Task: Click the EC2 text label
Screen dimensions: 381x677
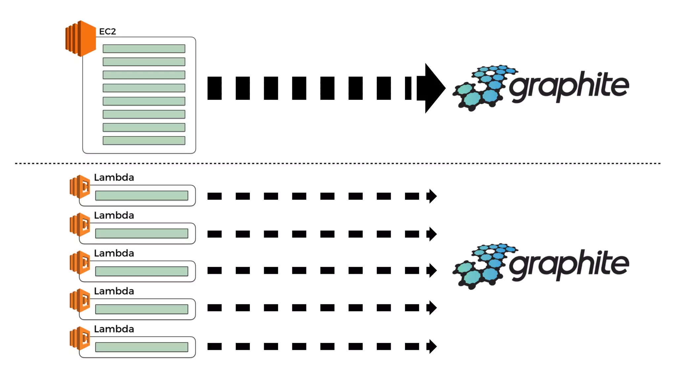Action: tap(107, 31)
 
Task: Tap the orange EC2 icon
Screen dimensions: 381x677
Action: tap(81, 38)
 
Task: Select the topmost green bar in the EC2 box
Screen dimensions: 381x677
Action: tap(144, 49)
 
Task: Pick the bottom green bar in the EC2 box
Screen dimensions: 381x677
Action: tap(144, 141)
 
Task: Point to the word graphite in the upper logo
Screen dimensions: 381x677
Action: tap(569, 86)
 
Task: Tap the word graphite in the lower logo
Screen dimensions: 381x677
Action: tap(569, 265)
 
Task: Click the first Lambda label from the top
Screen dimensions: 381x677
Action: tap(114, 178)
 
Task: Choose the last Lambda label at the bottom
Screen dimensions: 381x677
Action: tap(114, 329)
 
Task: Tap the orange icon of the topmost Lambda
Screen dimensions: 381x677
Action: tap(80, 187)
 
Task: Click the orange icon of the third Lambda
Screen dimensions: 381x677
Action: tap(80, 262)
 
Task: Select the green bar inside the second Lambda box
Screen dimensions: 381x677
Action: tap(141, 233)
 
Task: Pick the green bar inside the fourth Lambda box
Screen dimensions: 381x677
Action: tap(141, 309)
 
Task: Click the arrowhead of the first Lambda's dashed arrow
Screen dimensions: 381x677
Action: tap(432, 196)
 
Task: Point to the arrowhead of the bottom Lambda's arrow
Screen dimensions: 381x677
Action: tap(432, 347)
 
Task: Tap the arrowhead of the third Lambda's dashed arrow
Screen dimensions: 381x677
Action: tap(432, 271)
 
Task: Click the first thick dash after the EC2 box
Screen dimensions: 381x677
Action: tap(215, 88)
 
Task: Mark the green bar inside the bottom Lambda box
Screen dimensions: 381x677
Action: tap(141, 347)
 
